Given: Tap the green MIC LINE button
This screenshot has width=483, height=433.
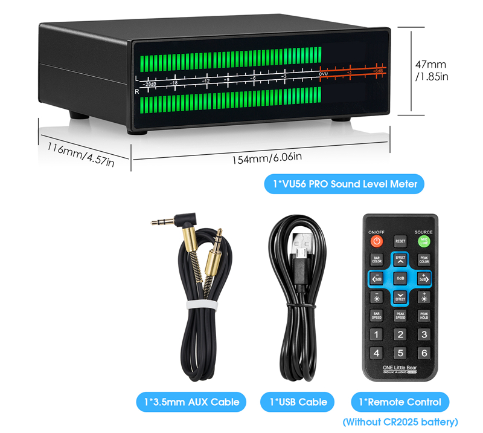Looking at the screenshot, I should [424, 241].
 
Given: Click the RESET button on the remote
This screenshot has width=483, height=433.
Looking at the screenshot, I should [400, 241].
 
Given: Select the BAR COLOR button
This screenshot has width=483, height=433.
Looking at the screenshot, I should [376, 259].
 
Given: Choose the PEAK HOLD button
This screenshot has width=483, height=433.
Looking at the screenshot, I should [424, 315].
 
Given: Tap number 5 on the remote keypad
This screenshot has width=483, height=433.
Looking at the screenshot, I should [400, 353].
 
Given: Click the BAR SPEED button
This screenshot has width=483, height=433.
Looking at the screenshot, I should [376, 315].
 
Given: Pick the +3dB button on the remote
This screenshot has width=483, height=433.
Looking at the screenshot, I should [424, 278].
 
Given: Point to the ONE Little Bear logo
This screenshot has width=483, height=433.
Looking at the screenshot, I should [400, 367].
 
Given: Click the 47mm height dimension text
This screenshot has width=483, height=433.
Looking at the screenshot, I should [431, 64].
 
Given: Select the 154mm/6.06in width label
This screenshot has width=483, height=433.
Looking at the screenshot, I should [266, 159].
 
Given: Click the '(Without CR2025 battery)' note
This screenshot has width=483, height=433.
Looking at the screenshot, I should [400, 422].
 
